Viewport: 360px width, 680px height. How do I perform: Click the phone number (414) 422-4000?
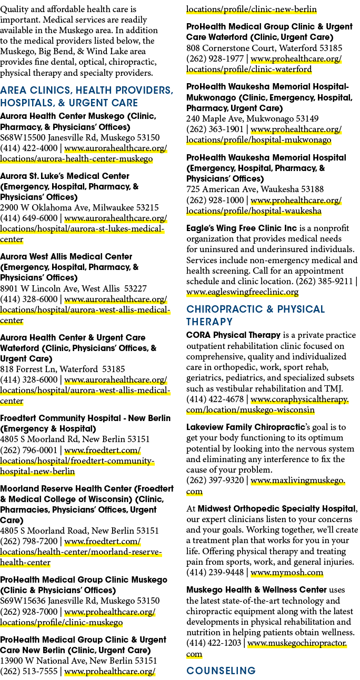click(x=29, y=148)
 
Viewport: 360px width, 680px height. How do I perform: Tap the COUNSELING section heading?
click(x=221, y=671)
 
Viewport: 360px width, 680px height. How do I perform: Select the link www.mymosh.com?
click(x=286, y=572)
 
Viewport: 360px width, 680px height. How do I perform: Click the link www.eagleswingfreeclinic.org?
click(x=242, y=292)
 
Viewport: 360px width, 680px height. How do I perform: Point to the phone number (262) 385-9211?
click(x=324, y=282)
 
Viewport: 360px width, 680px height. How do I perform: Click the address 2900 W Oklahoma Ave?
click(x=44, y=208)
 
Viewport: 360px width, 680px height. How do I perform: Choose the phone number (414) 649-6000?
click(x=29, y=218)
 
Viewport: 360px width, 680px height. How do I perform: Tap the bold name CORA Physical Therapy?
click(x=234, y=335)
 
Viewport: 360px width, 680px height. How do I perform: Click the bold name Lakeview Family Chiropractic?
click(x=246, y=427)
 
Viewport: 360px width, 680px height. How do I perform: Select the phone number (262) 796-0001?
click(x=29, y=450)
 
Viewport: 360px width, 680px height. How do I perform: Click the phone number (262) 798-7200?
click(x=29, y=541)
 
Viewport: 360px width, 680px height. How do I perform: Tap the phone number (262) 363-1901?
click(x=215, y=129)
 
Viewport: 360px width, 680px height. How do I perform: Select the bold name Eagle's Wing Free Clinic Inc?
click(x=242, y=228)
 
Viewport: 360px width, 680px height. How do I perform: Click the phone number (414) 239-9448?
click(x=215, y=572)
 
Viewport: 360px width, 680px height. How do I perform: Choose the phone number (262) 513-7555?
click(x=29, y=671)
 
